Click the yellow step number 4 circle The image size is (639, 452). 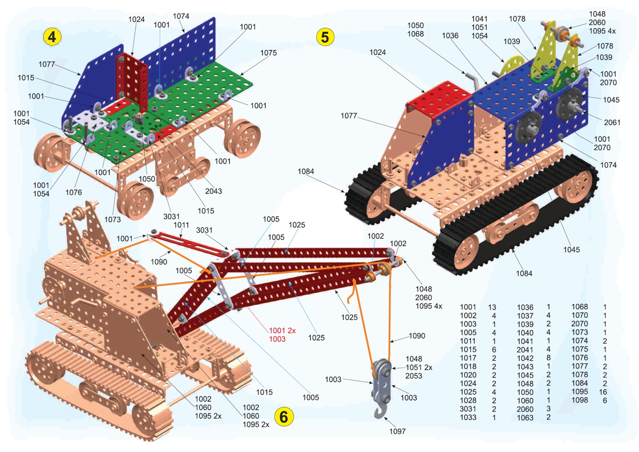[x=52, y=37]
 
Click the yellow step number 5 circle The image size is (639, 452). [x=325, y=37]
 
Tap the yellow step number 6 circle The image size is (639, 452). [x=283, y=417]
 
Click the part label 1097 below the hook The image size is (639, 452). [x=397, y=431]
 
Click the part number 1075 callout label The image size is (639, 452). [x=268, y=53]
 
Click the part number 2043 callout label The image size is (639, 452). [x=214, y=191]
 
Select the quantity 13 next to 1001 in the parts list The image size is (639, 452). [x=492, y=307]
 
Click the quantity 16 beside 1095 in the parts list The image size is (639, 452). [x=603, y=392]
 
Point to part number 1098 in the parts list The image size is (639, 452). [x=580, y=400]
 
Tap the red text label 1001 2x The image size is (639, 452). [x=282, y=330]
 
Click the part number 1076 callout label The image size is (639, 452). [x=73, y=192]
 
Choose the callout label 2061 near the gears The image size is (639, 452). [x=612, y=123]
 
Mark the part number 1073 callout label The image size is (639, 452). [x=112, y=219]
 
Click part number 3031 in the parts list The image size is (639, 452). [x=468, y=409]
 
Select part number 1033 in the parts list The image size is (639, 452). [x=468, y=417]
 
